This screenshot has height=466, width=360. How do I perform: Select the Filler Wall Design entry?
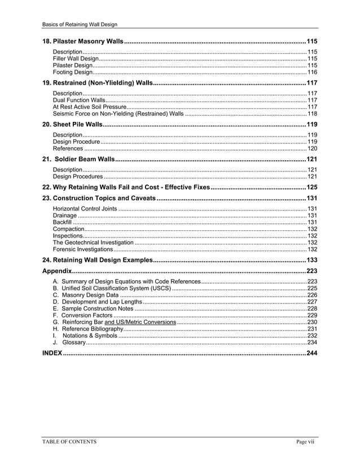pyautogui.click(x=76, y=59)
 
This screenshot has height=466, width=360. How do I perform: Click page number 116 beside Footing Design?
pyautogui.click(x=312, y=72)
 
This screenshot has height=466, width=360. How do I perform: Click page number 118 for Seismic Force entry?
pyautogui.click(x=312, y=113)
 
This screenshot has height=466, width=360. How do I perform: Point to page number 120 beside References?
pyautogui.click(x=312, y=148)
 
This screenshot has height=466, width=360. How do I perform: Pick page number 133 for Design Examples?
pyautogui.click(x=311, y=260)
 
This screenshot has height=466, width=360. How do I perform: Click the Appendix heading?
pyautogui.click(x=57, y=271)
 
